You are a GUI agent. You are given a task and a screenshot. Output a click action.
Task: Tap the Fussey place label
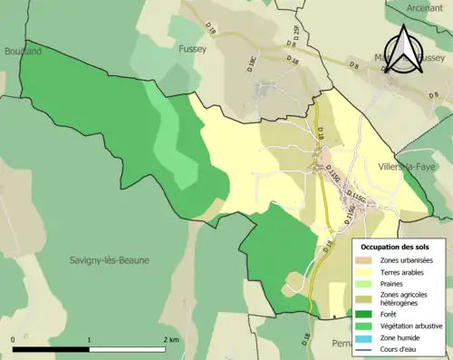[x=194, y=49]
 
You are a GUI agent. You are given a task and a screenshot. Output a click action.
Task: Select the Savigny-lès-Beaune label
[x=110, y=260]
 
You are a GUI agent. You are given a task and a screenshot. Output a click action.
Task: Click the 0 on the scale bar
[x=14, y=339]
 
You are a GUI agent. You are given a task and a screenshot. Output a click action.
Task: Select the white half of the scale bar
[x=126, y=349]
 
